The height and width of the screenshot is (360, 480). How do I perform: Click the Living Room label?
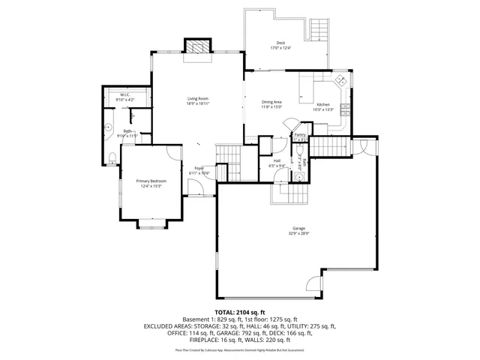click(x=198, y=99)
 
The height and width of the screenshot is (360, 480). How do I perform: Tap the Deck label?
click(x=280, y=43)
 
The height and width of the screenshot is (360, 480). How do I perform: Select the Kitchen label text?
click(x=322, y=104)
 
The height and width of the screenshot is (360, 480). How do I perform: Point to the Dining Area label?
click(x=271, y=102)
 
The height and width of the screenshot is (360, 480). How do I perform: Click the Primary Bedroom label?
click(x=151, y=181)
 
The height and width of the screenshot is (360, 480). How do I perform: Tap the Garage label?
click(x=299, y=229)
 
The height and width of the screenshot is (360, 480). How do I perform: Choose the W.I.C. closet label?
click(x=126, y=94)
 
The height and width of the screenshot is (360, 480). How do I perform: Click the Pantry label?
click(x=300, y=135)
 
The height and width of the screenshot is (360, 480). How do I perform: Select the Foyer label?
click(x=199, y=168)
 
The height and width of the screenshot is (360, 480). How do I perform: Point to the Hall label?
click(x=277, y=160)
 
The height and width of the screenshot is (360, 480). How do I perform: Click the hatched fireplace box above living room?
click(x=197, y=46)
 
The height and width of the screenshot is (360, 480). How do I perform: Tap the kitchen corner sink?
click(x=340, y=79)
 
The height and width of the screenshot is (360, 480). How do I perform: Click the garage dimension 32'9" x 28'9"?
click(x=299, y=234)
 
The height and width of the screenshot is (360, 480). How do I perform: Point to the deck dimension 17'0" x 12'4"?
click(x=280, y=48)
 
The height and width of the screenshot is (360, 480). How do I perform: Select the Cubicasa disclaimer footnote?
click(x=240, y=349)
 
